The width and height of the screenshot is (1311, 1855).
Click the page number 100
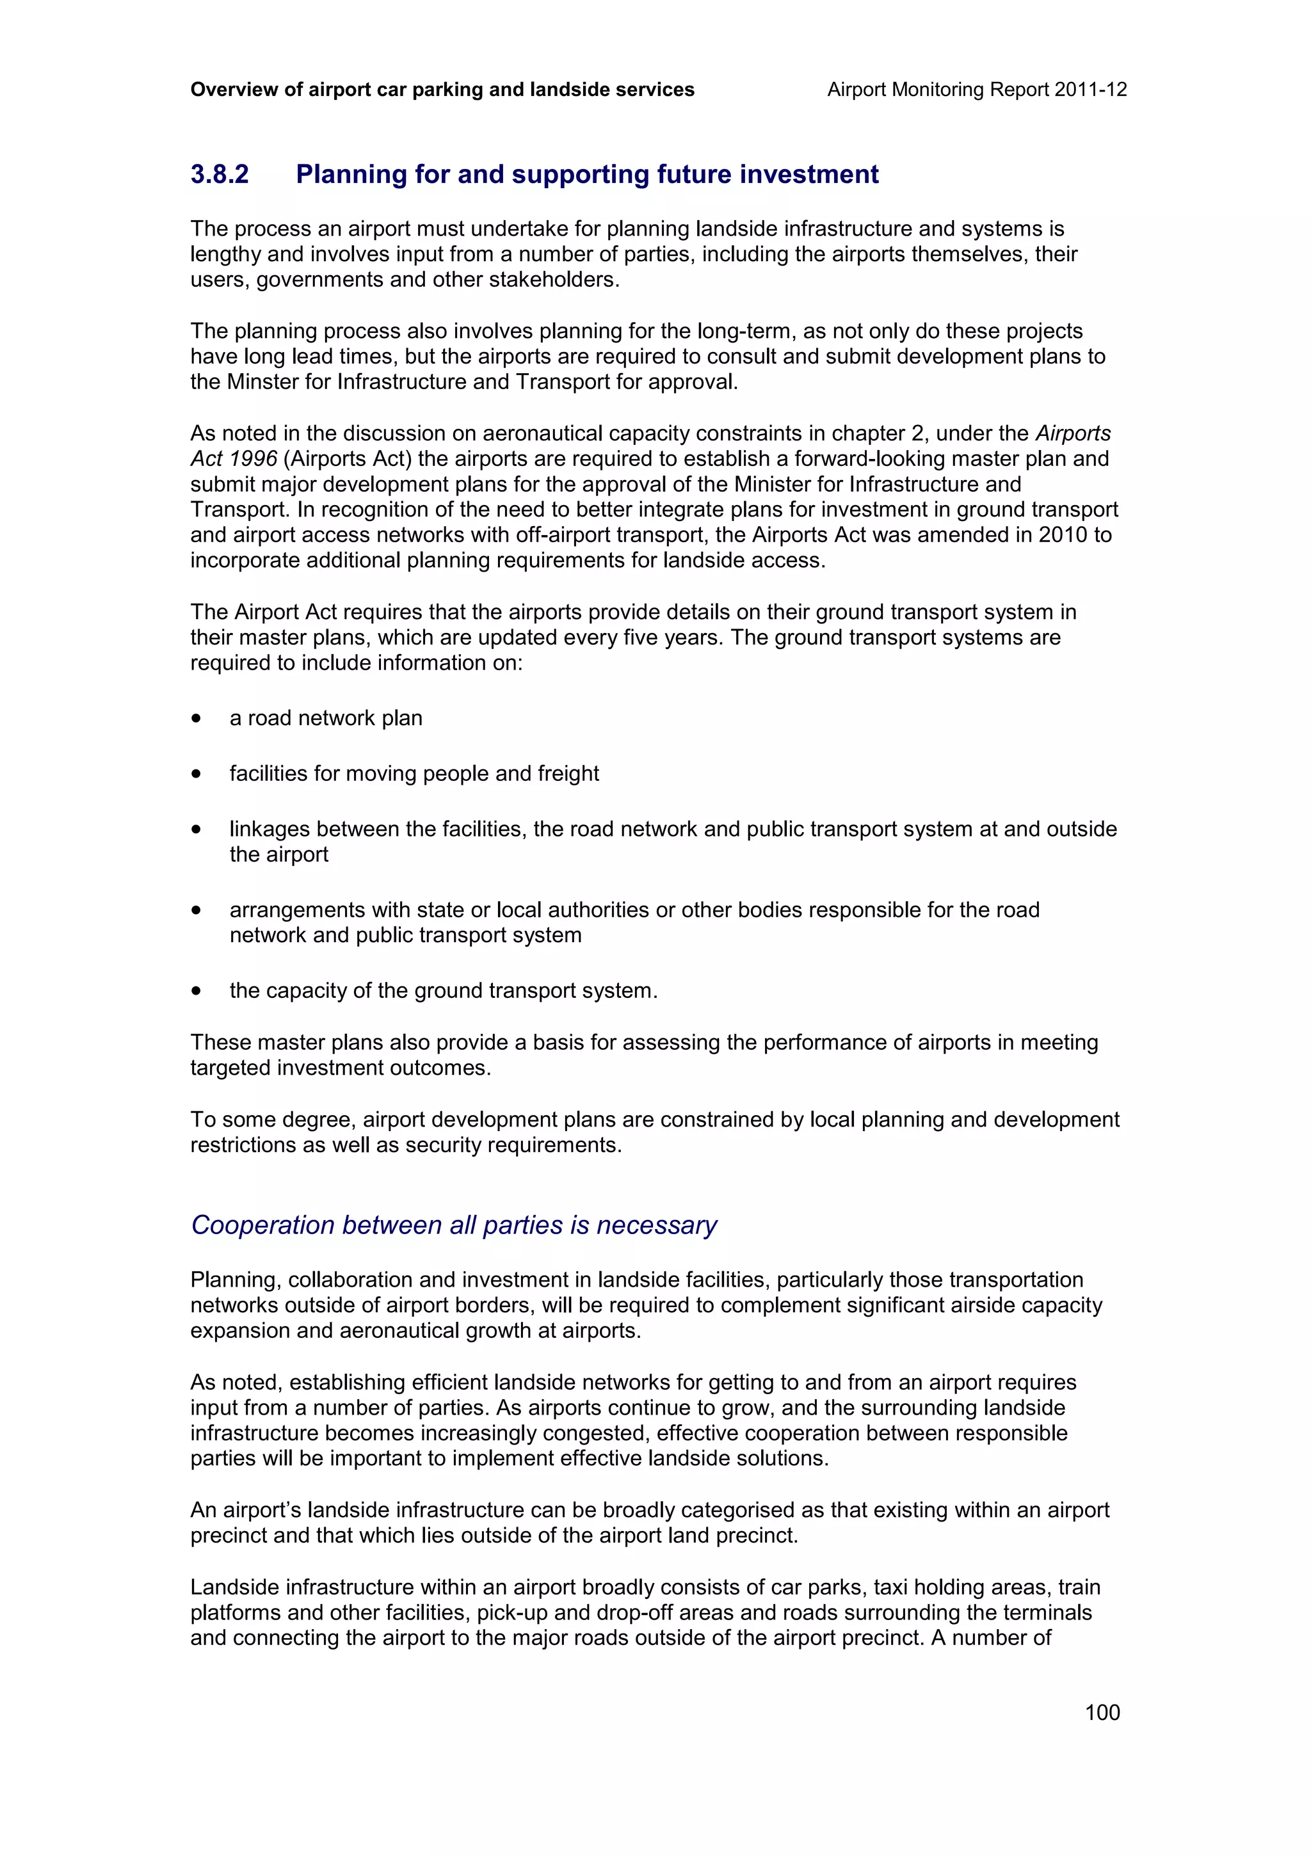pyautogui.click(x=1102, y=1712)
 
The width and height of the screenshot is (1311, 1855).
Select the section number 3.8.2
pyautogui.click(x=220, y=175)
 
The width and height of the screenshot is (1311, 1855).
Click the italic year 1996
pyautogui.click(x=251, y=459)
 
